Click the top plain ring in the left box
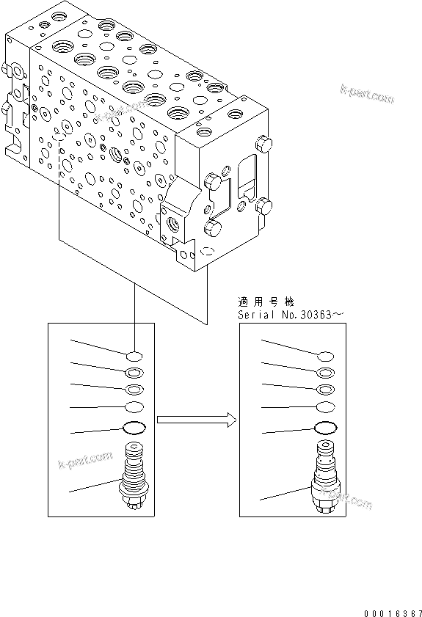point(134,356)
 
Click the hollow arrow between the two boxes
point(196,420)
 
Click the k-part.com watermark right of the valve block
point(367,95)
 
